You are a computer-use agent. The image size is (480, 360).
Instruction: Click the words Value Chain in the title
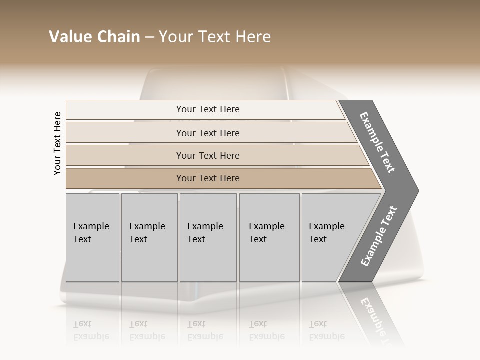pyautogui.click(x=94, y=37)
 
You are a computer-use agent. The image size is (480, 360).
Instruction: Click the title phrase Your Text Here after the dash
pyautogui.click(x=215, y=37)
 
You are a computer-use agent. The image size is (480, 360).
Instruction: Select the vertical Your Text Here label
pyautogui.click(x=57, y=143)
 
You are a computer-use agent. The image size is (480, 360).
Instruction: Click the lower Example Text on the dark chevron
pyautogui.click(x=378, y=236)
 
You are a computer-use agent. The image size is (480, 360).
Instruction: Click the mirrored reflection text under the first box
pyautogui.click(x=91, y=330)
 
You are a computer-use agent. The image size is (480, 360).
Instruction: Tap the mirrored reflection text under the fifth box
pyautogui.click(x=326, y=330)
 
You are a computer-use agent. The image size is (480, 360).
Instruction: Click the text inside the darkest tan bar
pyautogui.click(x=208, y=178)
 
